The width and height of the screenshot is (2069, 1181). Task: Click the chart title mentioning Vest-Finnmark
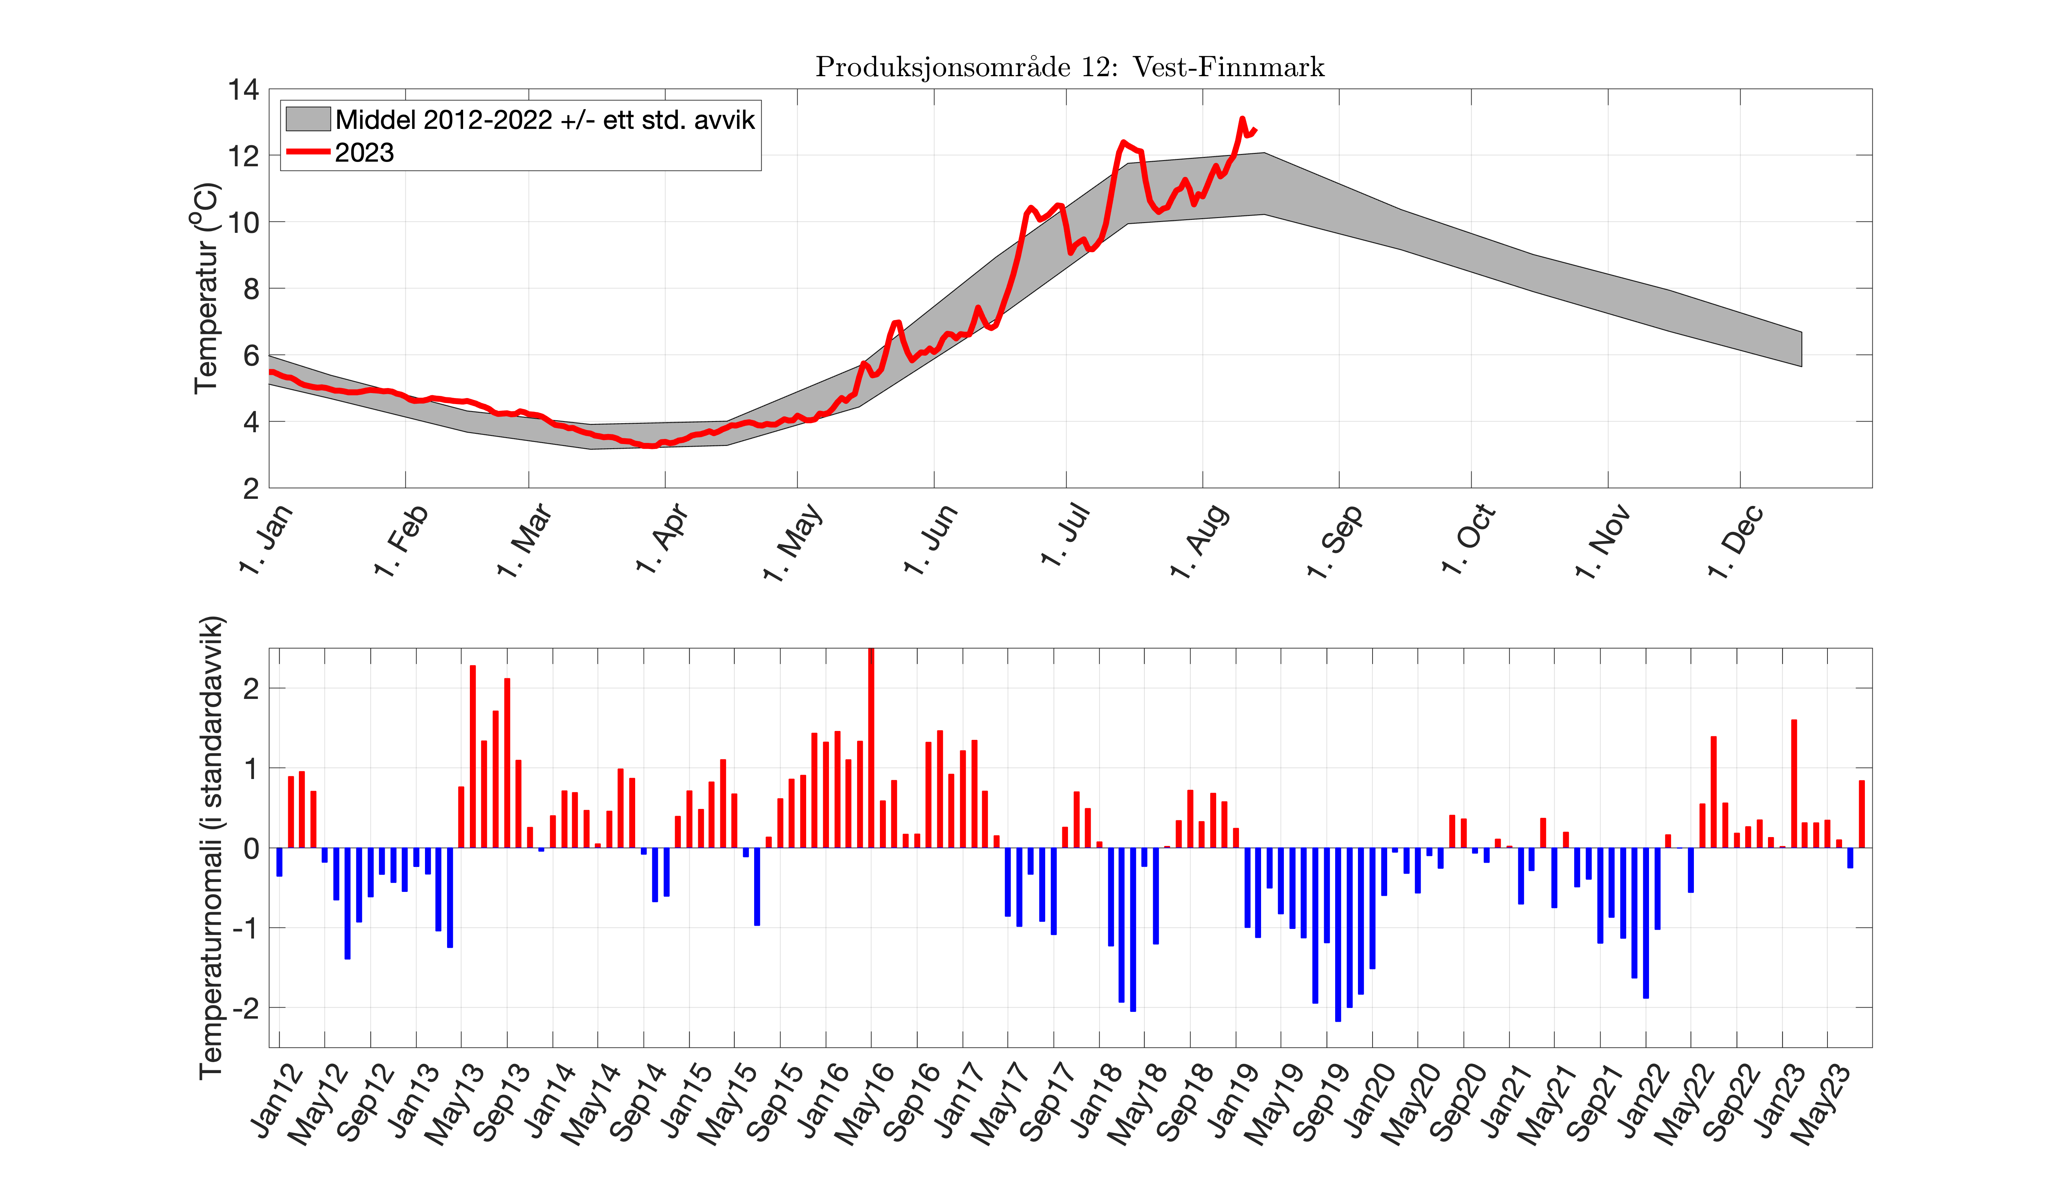(1069, 67)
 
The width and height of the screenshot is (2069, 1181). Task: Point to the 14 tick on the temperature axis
(243, 90)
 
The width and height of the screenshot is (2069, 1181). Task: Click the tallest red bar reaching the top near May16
(871, 746)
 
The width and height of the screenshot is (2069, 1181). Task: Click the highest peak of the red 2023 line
(1241, 119)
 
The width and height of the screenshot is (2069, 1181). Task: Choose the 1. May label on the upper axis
(793, 541)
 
